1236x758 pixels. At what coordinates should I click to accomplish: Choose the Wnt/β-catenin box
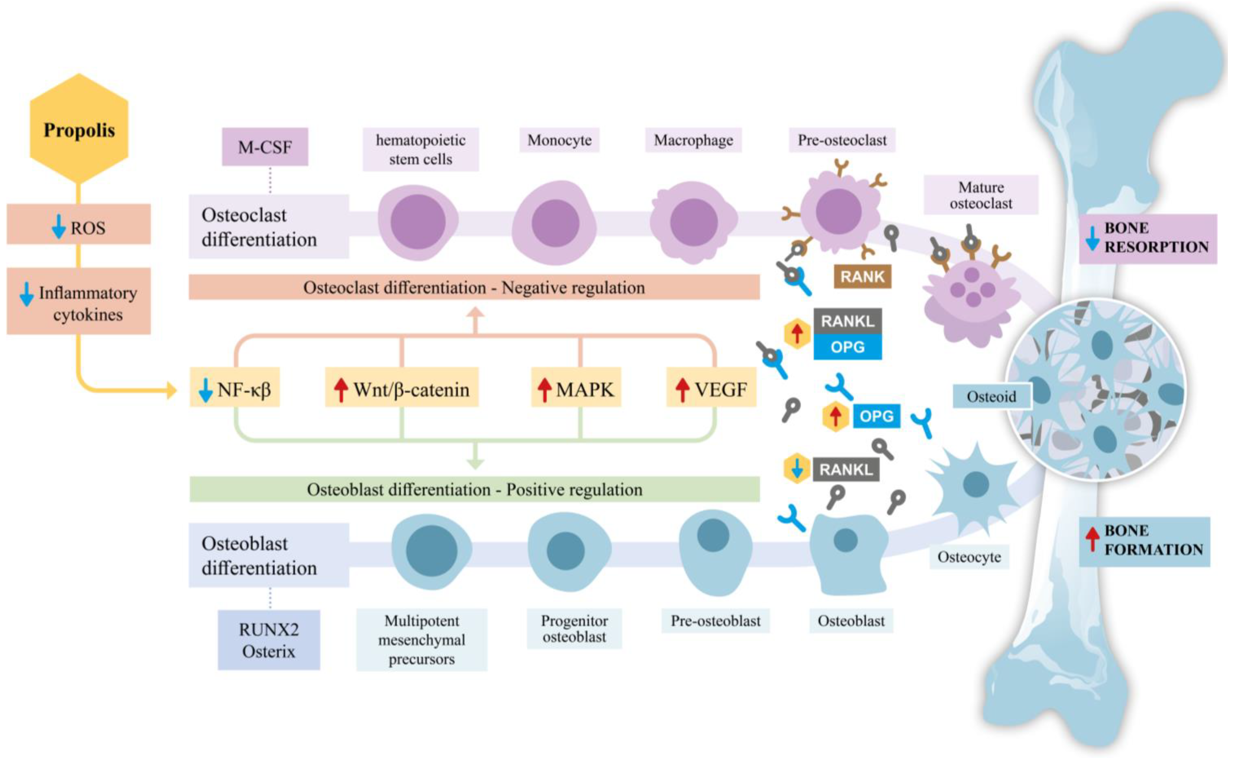click(x=402, y=387)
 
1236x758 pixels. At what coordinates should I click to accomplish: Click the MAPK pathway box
click(x=576, y=387)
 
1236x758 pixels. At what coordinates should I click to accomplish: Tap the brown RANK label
click(x=862, y=276)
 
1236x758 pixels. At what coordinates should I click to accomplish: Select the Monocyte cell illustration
click(x=554, y=223)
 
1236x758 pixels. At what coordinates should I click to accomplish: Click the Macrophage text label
click(x=693, y=140)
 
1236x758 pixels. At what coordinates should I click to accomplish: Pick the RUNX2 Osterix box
click(x=269, y=640)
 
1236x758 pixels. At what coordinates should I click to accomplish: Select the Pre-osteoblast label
click(x=715, y=621)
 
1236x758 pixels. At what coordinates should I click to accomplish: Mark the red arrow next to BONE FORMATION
click(x=1092, y=539)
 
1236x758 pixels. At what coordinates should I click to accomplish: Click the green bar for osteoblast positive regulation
click(x=475, y=489)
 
